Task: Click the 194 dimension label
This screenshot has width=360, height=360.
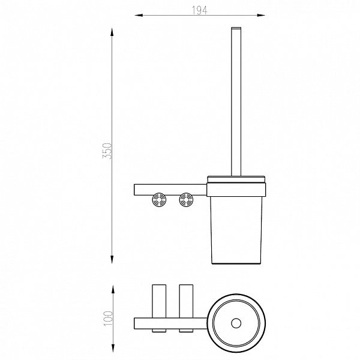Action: [x=199, y=10]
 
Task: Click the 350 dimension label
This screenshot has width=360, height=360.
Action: [x=107, y=151]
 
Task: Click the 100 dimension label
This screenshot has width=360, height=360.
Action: [x=108, y=318]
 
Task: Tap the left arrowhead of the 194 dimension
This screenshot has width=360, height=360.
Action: [x=139, y=16]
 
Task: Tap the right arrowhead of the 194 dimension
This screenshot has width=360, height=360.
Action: [x=261, y=16]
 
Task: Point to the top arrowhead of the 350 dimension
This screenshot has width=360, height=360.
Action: [x=112, y=32]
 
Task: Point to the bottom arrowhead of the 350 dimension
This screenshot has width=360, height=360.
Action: [x=112, y=259]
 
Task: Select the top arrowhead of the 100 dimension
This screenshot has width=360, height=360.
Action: [x=113, y=289]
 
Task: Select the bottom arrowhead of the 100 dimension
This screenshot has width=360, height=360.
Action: [x=113, y=348]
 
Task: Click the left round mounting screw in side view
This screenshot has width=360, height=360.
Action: [x=159, y=200]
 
